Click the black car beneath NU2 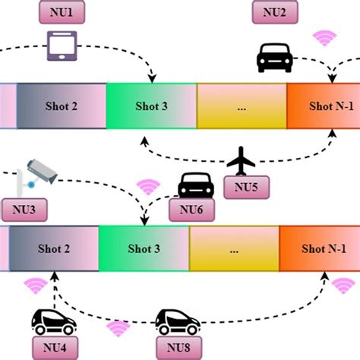tap(275, 56)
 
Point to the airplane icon tap(242, 159)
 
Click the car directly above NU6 tap(195, 185)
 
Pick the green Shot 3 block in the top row tap(151, 106)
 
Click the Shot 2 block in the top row tap(62, 106)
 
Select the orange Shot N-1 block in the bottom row tap(319, 248)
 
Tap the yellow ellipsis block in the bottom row tap(235, 248)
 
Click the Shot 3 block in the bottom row tap(144, 248)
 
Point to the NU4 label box tap(54, 349)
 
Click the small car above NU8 tap(177, 323)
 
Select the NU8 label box tap(178, 349)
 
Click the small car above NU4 tap(53, 322)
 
